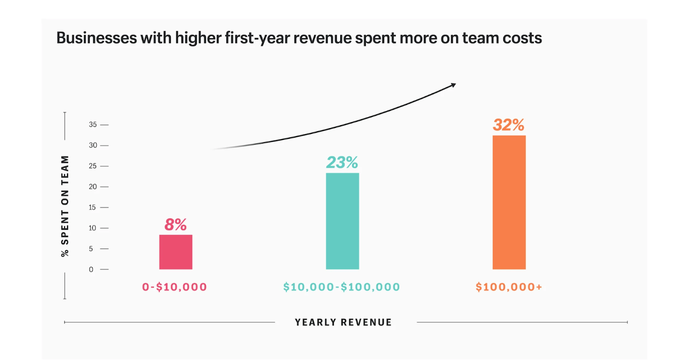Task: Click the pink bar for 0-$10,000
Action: [x=175, y=252]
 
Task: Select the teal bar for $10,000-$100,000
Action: [x=342, y=221]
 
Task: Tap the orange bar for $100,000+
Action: [x=509, y=202]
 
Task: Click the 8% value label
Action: [x=175, y=225]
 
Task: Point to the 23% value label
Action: [x=342, y=162]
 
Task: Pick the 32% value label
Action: [x=508, y=125]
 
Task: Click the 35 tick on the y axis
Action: [x=93, y=125]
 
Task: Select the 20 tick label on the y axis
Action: [x=93, y=187]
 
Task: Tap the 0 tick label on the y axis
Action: [x=91, y=269]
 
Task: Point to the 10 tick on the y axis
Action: [x=93, y=228]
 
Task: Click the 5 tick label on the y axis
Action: [x=91, y=249]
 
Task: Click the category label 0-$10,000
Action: [x=175, y=287]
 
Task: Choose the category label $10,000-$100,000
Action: [x=341, y=287]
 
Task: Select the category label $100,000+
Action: [x=509, y=287]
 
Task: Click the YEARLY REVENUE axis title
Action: [x=343, y=322]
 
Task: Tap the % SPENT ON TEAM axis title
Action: [x=65, y=206]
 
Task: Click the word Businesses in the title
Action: [x=97, y=38]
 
